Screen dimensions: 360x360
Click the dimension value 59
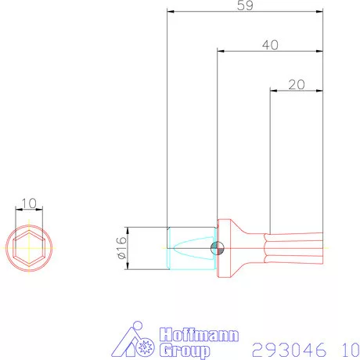point(244,5)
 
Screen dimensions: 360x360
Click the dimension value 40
point(270,45)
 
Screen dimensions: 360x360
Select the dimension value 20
point(297,84)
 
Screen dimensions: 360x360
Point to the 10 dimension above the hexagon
point(29,203)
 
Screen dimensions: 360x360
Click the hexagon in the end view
point(29,249)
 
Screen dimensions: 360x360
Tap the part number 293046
point(284,347)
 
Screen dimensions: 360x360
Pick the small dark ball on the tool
point(218,249)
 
